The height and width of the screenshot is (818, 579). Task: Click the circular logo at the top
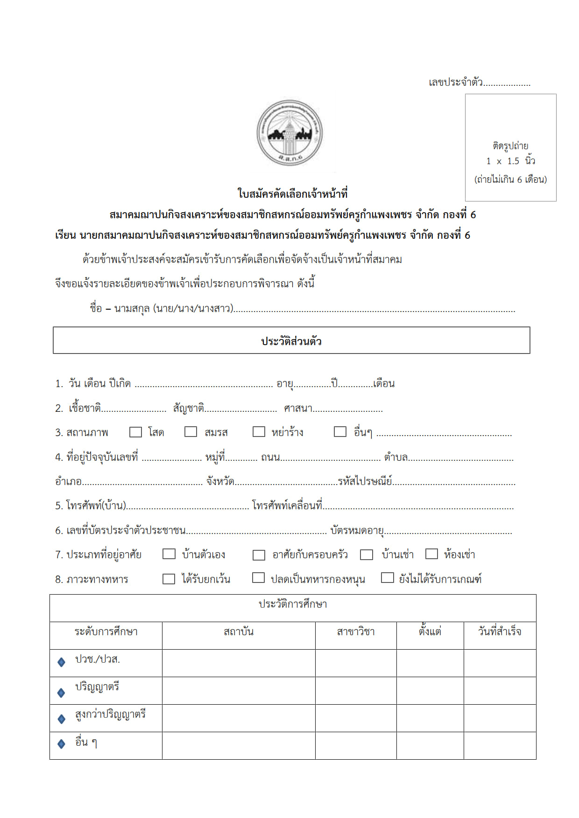289,133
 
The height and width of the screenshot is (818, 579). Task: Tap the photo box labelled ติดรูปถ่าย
510,147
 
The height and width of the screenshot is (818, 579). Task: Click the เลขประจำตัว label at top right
456,83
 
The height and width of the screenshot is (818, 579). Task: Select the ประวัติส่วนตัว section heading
291,341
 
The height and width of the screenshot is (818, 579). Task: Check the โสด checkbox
135,432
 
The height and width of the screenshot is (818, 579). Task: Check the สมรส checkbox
191,432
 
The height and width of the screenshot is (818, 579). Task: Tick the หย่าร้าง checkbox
259,432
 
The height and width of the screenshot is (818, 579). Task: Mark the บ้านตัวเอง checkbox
169,554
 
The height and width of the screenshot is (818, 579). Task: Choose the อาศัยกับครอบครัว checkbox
259,555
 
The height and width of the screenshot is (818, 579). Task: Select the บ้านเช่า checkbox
367,555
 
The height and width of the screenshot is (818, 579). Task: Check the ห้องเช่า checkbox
431,554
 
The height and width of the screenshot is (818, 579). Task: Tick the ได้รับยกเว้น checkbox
169,579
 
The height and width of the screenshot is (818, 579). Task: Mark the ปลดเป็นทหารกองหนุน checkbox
258,578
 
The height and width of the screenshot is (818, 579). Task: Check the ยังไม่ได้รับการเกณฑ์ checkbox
387,578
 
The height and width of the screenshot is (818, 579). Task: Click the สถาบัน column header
239,632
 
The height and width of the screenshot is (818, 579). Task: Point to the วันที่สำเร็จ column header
500,632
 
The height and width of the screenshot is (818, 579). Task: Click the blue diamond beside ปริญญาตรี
61,693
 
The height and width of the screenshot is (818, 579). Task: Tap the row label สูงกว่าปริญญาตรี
110,714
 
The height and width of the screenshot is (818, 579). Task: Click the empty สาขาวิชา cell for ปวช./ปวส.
356,663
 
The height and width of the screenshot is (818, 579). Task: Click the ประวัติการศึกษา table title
293,604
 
